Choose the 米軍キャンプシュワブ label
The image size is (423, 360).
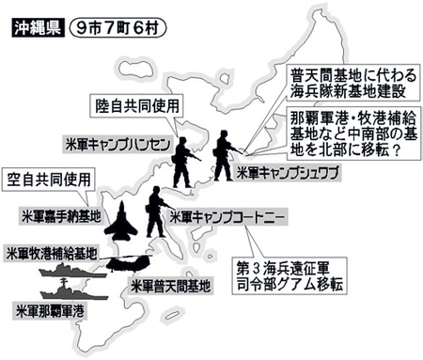click(x=288, y=174)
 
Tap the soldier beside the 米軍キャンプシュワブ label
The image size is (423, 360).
click(x=223, y=154)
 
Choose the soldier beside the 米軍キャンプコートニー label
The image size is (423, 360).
click(x=156, y=211)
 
